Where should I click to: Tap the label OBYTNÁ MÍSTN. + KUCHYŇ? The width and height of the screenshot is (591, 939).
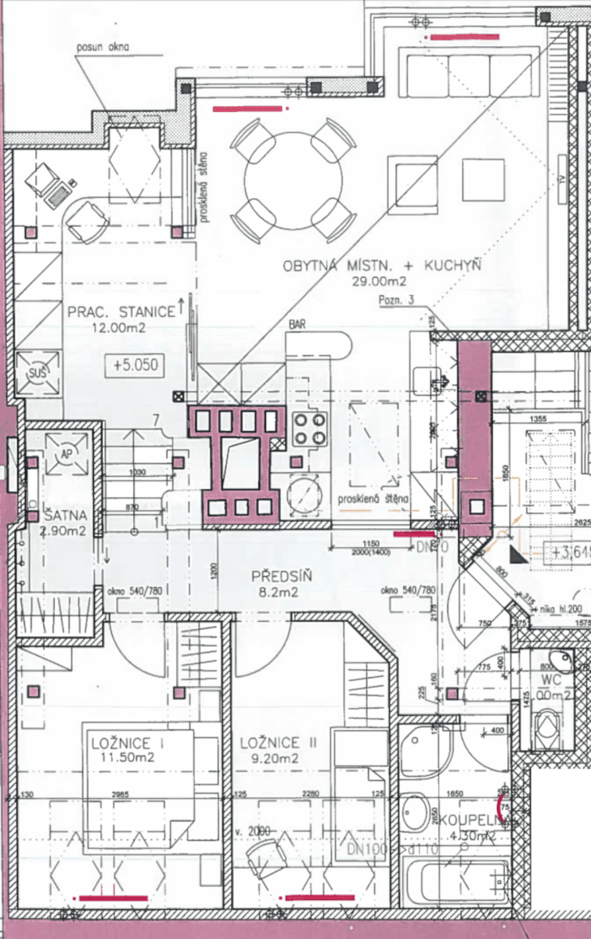pos(382,267)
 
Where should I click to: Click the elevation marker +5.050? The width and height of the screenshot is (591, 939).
pos(136,365)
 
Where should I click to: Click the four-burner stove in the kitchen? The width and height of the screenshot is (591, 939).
pos(308,429)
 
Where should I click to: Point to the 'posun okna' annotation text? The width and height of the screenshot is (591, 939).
pos(103,46)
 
